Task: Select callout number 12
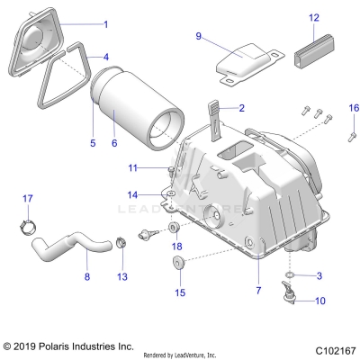click(x=314, y=18)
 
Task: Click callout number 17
click(x=27, y=198)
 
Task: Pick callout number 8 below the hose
click(x=86, y=277)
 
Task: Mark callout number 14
click(x=131, y=194)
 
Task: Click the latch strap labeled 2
click(x=215, y=116)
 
